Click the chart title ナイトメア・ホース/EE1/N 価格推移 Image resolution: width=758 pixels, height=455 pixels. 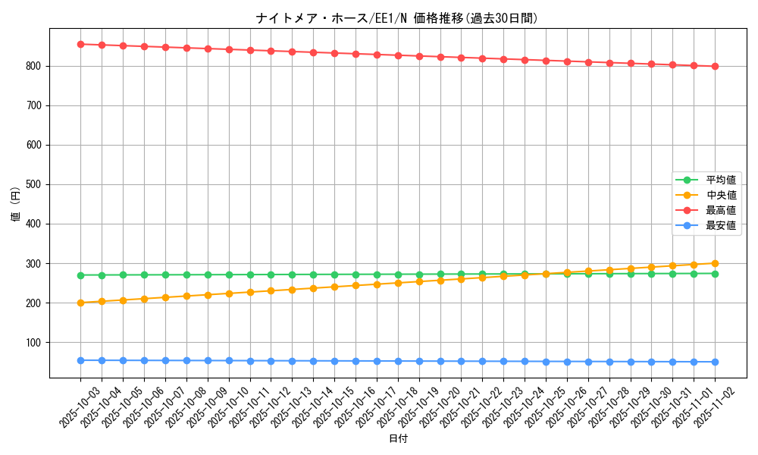click(397, 18)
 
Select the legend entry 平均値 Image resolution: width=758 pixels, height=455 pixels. click(721, 180)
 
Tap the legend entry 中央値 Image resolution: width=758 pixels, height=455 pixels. click(721, 195)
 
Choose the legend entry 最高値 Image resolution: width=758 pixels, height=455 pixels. click(721, 210)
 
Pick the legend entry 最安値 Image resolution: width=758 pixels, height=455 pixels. click(721, 225)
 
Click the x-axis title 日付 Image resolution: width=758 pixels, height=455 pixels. click(397, 439)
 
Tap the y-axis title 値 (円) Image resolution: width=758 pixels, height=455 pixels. click(16, 204)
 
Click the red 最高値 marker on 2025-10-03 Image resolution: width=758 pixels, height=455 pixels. click(80, 44)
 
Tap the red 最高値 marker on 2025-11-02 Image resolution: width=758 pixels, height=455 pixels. click(715, 66)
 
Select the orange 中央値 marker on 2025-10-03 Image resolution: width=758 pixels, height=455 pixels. click(80, 303)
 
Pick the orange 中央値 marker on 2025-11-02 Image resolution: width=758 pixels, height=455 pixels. click(715, 263)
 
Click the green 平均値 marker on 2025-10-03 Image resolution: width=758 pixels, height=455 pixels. click(80, 275)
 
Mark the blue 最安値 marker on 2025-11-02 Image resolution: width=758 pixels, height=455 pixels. click(715, 362)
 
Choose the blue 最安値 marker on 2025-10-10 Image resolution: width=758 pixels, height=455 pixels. click(229, 361)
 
